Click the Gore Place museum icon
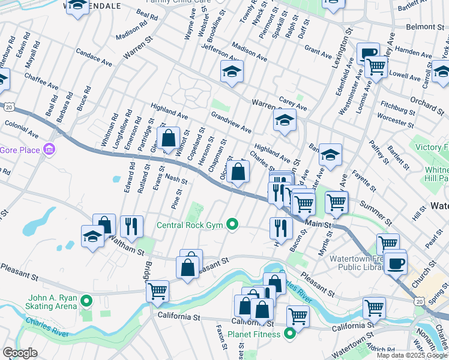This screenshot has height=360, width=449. click(x=50, y=149)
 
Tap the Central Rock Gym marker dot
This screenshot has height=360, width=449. click(x=234, y=226)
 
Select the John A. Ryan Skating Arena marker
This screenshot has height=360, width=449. click(x=86, y=301)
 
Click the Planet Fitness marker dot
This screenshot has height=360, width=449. click(x=290, y=334)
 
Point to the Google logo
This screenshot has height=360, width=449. click(x=20, y=353)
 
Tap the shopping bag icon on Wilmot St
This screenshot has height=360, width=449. click(x=169, y=137)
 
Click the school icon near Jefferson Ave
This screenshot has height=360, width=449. click(x=232, y=72)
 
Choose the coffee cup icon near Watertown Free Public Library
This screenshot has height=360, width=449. click(x=396, y=263)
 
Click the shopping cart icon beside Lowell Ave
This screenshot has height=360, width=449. click(x=376, y=66)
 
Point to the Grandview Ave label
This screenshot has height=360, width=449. click(x=231, y=121)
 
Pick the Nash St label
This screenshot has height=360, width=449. click(x=176, y=179)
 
